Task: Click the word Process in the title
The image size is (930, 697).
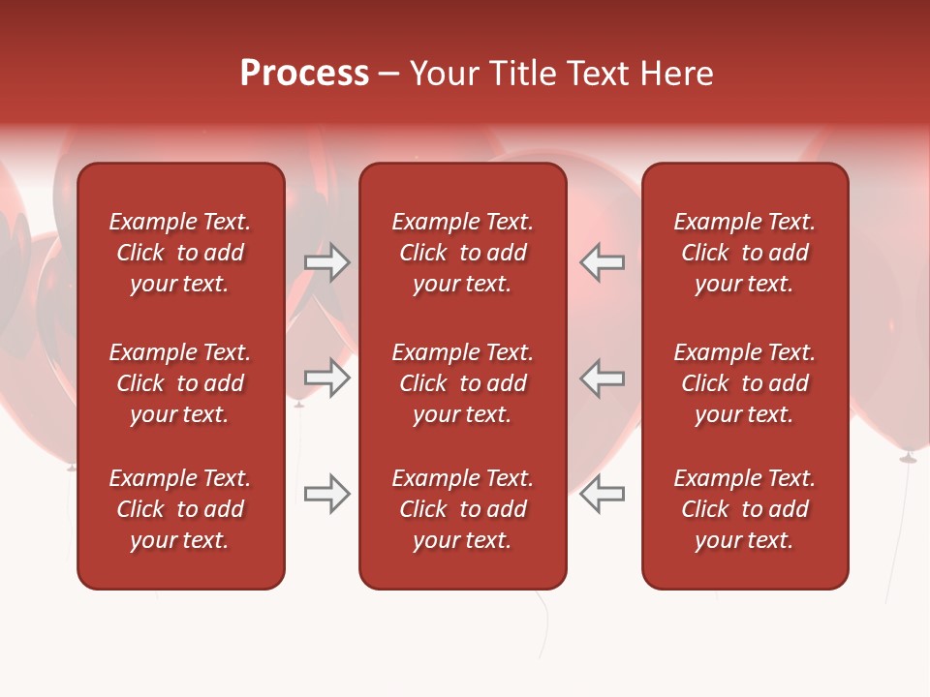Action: tap(304, 74)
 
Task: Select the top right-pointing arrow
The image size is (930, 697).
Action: tap(326, 262)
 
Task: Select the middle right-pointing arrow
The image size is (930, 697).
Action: tap(326, 378)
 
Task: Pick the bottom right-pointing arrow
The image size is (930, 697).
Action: tap(326, 494)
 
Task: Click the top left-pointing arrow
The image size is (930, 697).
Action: tap(603, 262)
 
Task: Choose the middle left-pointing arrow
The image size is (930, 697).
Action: tap(603, 378)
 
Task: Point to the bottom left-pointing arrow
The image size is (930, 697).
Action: tap(603, 494)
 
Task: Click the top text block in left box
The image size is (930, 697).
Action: tap(180, 253)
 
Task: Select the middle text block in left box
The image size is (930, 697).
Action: tap(180, 383)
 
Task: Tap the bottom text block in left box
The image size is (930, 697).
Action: tap(180, 509)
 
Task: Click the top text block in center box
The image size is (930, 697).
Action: tap(462, 253)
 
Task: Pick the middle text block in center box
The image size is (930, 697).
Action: tap(462, 383)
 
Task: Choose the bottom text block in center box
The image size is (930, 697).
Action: tap(462, 509)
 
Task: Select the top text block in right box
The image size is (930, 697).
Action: tap(744, 253)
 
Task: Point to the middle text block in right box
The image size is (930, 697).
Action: tap(744, 383)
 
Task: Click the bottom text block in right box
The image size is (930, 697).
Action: tap(744, 509)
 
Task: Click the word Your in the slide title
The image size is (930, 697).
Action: tap(445, 74)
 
